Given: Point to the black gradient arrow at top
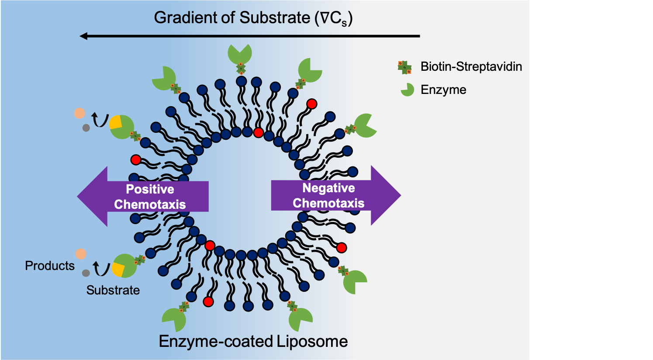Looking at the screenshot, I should click(249, 36).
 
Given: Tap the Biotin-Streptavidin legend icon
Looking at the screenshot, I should click(404, 67).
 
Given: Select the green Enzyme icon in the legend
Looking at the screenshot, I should click(407, 90).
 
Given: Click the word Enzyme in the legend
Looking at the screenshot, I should click(443, 90).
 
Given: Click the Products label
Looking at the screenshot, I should click(50, 266).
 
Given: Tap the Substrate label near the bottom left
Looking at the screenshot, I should click(113, 290).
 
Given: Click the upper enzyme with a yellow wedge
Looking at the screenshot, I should click(121, 127).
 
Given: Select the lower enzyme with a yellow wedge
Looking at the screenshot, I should click(124, 266).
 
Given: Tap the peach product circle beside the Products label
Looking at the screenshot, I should click(81, 254).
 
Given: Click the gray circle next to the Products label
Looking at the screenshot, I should click(86, 273).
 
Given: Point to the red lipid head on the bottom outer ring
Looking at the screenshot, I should click(208, 301).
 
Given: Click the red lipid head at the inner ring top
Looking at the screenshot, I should click(259, 133).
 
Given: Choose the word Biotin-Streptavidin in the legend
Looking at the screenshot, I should click(471, 67).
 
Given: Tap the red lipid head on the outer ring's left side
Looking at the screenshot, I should click(136, 160).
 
